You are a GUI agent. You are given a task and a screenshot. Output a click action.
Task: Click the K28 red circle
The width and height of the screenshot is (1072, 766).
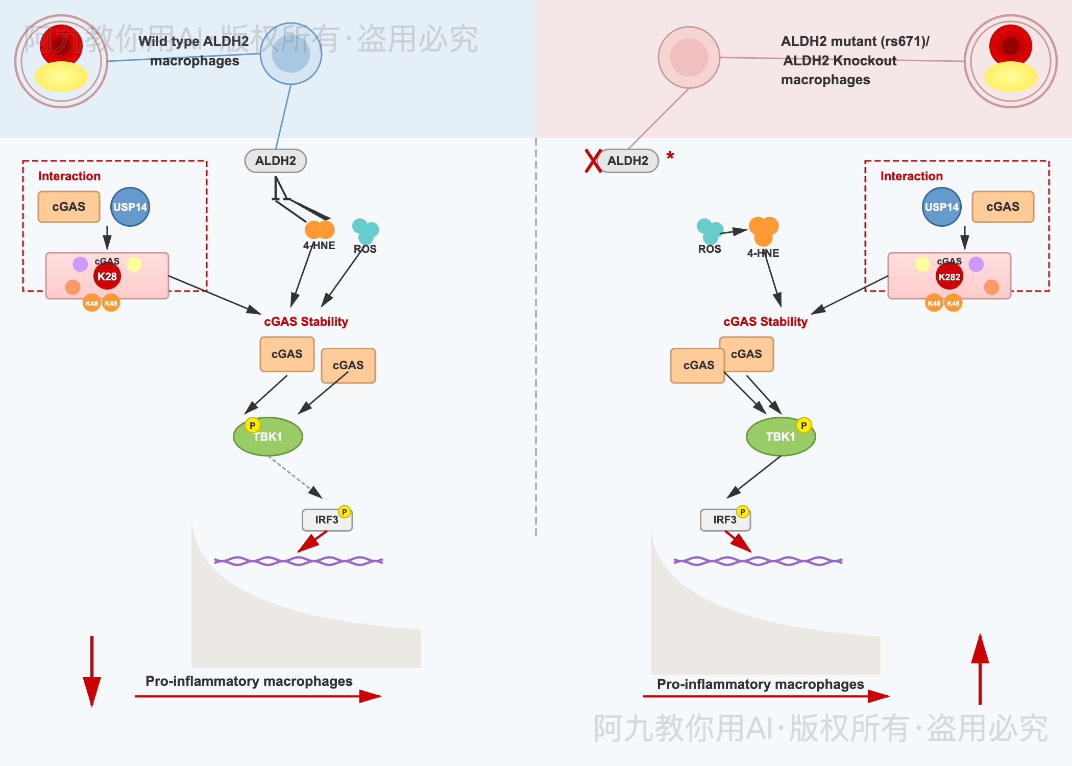107,276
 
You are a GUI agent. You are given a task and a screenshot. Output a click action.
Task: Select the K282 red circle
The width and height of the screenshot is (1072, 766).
949,277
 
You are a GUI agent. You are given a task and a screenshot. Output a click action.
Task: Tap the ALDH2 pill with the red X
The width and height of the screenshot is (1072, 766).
627,161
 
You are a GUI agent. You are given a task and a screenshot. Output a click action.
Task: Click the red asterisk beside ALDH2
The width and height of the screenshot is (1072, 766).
670,155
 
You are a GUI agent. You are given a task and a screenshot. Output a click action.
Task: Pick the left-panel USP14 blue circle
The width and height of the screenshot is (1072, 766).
130,207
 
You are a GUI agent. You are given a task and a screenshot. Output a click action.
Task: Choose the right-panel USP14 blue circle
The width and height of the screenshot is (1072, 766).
942,207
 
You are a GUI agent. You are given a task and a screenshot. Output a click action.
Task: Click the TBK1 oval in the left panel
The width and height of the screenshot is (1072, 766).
268,437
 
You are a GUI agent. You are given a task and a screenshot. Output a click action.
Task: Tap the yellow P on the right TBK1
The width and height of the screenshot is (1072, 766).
803,425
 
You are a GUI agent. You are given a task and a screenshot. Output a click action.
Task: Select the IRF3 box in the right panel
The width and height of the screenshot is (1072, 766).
725,520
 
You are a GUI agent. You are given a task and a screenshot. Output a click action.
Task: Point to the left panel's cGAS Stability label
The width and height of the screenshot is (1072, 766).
306,322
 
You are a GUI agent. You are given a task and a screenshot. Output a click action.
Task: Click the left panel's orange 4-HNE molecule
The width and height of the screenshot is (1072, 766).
320,230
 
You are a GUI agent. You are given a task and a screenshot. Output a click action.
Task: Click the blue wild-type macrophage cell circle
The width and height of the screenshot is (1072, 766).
291,54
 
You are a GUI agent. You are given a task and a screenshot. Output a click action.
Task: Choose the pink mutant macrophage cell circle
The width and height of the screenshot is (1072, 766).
689,58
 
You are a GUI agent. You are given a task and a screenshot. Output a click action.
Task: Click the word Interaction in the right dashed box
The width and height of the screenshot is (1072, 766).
911,176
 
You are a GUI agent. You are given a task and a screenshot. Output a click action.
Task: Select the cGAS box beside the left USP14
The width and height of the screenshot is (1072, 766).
69,207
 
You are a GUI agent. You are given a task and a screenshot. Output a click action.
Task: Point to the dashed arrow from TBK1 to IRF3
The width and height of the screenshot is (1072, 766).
295,476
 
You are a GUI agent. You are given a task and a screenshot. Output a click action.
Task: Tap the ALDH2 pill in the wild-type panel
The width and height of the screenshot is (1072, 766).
276,161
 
